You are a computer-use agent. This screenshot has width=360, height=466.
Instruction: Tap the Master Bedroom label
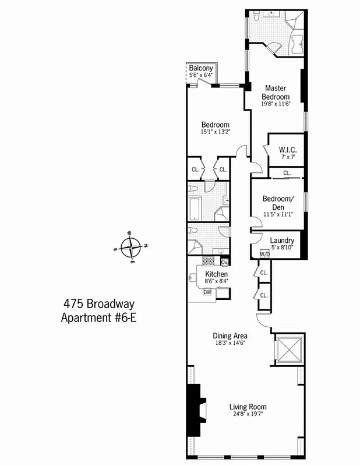pyautogui.click(x=276, y=93)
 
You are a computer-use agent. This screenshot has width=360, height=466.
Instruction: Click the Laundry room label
pyautogui.click(x=281, y=241)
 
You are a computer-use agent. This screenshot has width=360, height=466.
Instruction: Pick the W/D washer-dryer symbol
pyautogui.click(x=264, y=254)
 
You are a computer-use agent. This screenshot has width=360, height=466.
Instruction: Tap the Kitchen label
pyautogui.click(x=216, y=274)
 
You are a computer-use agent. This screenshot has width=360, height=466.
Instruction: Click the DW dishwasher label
pyautogui.click(x=207, y=292)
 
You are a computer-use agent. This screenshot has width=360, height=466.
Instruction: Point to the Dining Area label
pyautogui.click(x=230, y=336)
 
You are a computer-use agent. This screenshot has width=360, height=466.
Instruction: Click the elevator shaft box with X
pyautogui.click(x=288, y=351)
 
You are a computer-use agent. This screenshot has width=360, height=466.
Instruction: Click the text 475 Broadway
pyautogui.click(x=98, y=304)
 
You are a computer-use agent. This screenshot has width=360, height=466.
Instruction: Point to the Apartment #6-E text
pyautogui.click(x=98, y=318)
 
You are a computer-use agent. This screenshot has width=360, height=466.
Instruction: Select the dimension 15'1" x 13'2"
pyautogui.click(x=216, y=132)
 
